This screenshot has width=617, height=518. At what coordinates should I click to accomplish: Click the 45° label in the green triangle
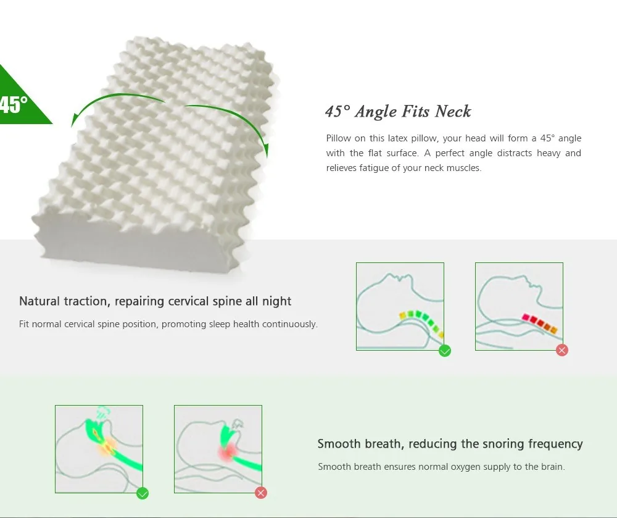[14, 105]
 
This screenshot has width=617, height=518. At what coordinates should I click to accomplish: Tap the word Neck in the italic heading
[453, 111]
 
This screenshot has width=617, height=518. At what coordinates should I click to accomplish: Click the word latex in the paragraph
[397, 138]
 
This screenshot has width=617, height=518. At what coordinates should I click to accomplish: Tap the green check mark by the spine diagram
[445, 350]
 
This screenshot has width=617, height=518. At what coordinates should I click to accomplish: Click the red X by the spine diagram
[562, 350]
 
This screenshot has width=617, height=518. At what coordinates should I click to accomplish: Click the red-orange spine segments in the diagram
[539, 323]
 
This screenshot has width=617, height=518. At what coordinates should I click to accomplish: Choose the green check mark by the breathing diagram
[143, 493]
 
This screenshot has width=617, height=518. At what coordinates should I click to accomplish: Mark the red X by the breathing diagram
[261, 493]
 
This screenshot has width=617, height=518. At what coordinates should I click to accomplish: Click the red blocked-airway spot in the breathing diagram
[227, 452]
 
